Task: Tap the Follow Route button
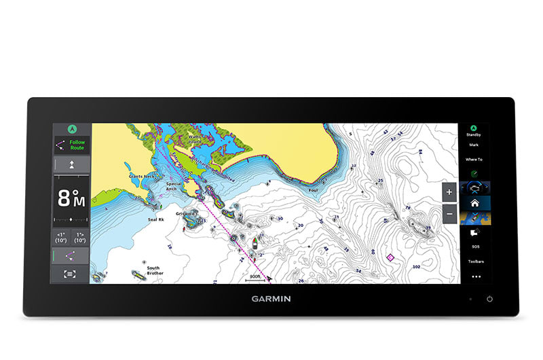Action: tap(71, 145)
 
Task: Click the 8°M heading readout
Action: tap(71, 198)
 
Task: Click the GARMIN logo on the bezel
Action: tap(271, 298)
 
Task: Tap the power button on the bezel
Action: tap(489, 299)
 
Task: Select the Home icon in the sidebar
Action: tap(475, 202)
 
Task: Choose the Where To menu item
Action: tap(474, 159)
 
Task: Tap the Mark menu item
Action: tap(474, 145)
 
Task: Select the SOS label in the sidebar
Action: tap(475, 247)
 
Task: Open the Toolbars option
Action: tap(475, 262)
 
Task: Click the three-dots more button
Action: tap(475, 276)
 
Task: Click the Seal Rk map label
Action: tap(156, 219)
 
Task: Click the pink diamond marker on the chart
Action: tap(390, 257)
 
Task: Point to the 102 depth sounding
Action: tap(416, 268)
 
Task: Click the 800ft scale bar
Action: tap(255, 278)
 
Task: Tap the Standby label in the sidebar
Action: tap(474, 135)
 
